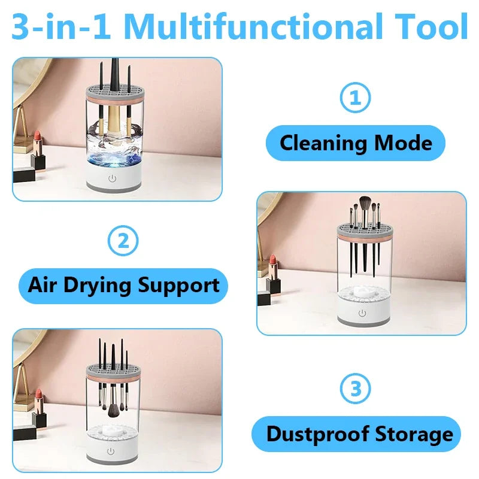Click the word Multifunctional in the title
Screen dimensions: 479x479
[254, 27]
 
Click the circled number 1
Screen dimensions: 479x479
[356, 98]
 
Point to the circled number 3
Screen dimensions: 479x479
[356, 389]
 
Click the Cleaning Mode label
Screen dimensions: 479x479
[356, 143]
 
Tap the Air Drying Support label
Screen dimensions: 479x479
[123, 285]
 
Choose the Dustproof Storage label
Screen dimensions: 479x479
[356, 433]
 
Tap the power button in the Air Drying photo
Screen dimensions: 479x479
[362, 312]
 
